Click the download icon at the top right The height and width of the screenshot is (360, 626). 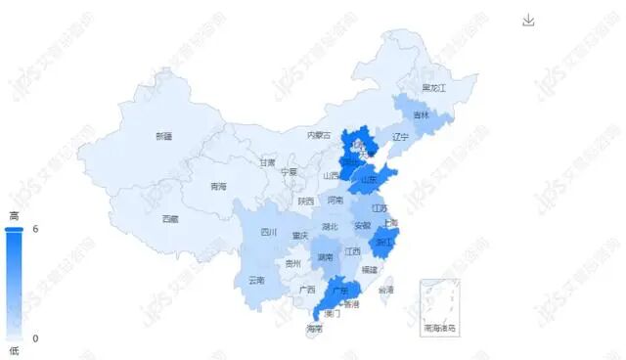tap(529, 21)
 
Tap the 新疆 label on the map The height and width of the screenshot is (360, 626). tap(163, 135)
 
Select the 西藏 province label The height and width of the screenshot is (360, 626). tap(170, 219)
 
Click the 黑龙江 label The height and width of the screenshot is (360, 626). tap(433, 88)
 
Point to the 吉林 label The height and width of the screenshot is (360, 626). tap(421, 115)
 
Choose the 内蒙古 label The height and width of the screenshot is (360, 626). tap(319, 135)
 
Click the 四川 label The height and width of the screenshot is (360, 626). tap(268, 233)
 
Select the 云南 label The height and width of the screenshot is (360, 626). tap(256, 280)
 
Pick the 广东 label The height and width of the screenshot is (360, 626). tap(339, 291)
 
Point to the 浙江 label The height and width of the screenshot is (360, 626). tap(382, 242)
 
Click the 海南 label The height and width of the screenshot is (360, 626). tap(314, 329)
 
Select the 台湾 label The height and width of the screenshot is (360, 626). tap(386, 290)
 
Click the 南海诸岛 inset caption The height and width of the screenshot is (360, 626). tap(439, 328)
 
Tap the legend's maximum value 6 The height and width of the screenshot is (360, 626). tap(35, 229)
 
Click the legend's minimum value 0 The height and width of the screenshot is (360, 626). tap(35, 338)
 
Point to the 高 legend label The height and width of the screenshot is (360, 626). tap(14, 215)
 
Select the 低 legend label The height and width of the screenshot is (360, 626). tap(14, 350)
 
